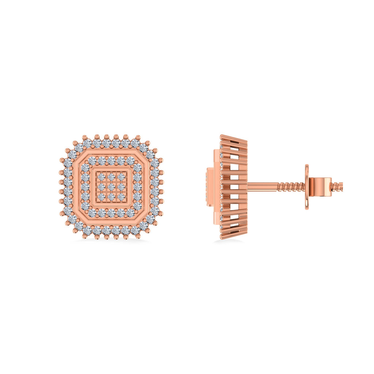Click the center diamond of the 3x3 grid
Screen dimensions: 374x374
coord(111,187)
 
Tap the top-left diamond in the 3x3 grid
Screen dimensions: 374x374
coord(101,177)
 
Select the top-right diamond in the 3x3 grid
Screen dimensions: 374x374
coord(121,177)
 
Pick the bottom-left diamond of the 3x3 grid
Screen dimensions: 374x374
coord(101,197)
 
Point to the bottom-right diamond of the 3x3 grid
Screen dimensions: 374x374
coord(121,197)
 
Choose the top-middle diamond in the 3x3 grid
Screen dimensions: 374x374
coord(111,177)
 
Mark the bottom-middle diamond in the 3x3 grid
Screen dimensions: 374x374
coord(111,197)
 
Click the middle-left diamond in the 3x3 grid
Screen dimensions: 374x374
coord(101,187)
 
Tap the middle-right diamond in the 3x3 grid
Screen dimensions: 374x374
coord(121,187)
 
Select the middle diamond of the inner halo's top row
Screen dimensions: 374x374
coord(111,161)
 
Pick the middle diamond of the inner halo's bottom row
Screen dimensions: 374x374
coord(111,213)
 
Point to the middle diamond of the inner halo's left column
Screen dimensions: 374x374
coord(85,187)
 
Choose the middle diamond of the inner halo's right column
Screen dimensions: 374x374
coord(138,187)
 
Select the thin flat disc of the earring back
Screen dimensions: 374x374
coord(307,187)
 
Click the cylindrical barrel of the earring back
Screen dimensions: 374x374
coord(320,186)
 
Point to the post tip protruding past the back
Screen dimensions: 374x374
coord(337,186)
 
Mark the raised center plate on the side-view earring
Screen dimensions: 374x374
coord(210,187)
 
